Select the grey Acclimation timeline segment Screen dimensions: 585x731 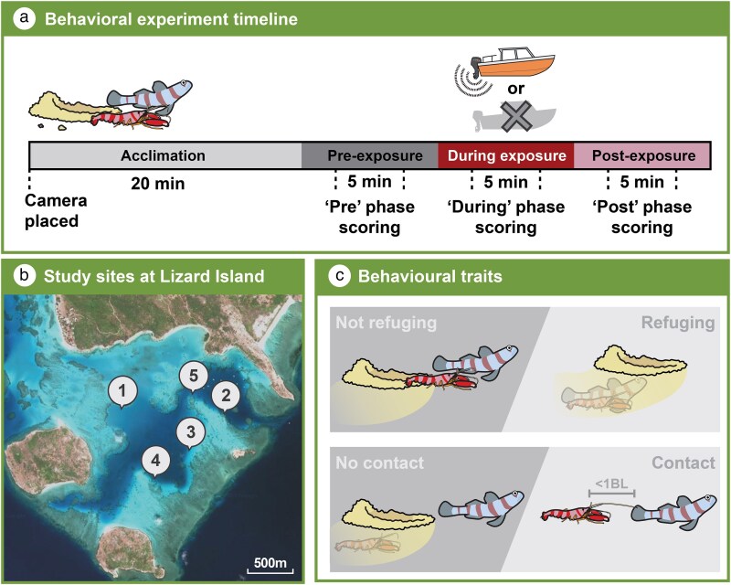point(165,155)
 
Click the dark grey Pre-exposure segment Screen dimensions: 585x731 point(370,155)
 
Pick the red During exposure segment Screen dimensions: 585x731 point(506,155)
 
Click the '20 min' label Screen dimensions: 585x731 point(157,183)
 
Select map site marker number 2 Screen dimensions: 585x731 point(226,394)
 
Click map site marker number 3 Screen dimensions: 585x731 point(189,431)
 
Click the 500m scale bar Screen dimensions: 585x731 point(270,565)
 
